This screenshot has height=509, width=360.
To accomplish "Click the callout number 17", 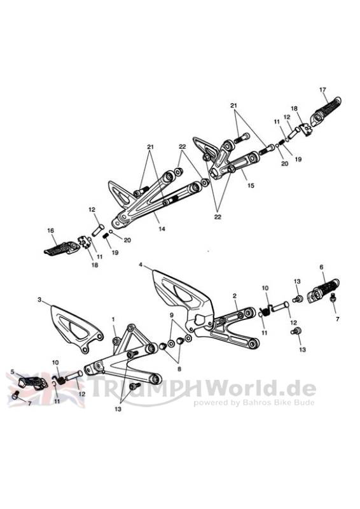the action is [x=322, y=90].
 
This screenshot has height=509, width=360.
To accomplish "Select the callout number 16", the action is [x=51, y=231].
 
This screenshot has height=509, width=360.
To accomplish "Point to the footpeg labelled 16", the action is [x=62, y=248].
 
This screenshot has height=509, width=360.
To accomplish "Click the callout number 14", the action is [x=162, y=229].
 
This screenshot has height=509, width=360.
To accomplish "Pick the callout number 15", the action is [x=251, y=186].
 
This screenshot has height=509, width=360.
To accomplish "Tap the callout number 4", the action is [x=140, y=265].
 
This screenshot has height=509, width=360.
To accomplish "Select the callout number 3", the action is [x=39, y=300].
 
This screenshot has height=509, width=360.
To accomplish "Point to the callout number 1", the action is [x=113, y=320].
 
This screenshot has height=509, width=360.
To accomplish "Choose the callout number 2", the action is [x=235, y=296].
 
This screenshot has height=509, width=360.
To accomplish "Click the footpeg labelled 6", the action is [x=323, y=291].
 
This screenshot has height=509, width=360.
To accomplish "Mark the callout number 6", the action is [x=321, y=267].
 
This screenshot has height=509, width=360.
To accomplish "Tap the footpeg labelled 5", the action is [x=32, y=383].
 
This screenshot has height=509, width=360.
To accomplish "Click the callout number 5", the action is [x=13, y=372].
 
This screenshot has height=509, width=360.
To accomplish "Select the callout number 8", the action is [x=179, y=369].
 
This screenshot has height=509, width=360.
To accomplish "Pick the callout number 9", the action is [x=172, y=315].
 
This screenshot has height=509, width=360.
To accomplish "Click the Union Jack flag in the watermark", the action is [x=46, y=389].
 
